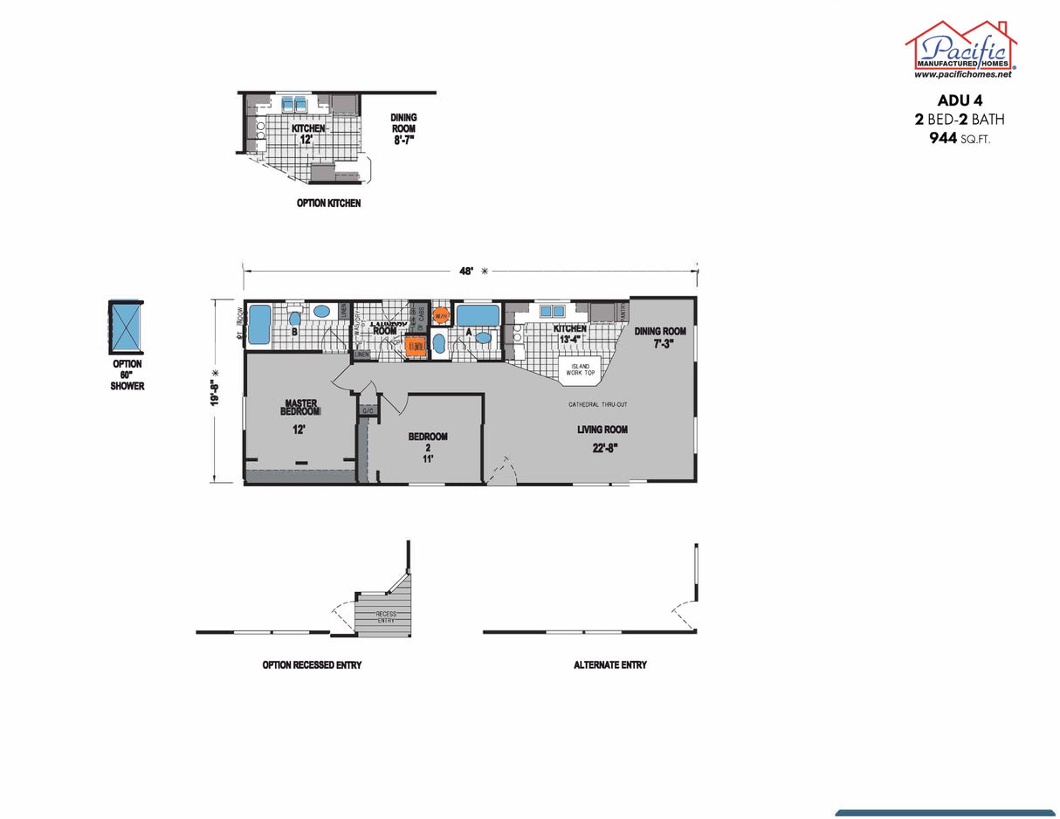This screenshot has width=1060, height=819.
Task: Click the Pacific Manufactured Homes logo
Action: (x=961, y=49)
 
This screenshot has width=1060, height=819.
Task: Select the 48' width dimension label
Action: (x=467, y=272)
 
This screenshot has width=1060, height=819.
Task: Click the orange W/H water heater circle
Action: (x=441, y=314)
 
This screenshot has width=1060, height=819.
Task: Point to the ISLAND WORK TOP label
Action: (x=579, y=369)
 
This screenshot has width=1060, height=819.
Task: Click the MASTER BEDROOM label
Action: (x=299, y=408)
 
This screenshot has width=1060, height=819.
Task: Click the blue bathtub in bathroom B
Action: (x=260, y=324)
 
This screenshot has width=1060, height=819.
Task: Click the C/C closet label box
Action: (x=368, y=409)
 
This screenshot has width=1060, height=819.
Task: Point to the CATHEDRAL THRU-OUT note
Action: (x=598, y=404)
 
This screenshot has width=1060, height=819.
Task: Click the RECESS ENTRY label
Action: (x=386, y=616)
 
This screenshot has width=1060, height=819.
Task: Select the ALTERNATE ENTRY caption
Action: (x=610, y=665)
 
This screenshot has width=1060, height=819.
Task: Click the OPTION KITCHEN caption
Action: (x=328, y=203)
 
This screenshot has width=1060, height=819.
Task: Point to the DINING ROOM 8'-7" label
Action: (x=403, y=128)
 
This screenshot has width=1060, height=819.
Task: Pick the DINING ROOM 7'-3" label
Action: (x=659, y=337)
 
